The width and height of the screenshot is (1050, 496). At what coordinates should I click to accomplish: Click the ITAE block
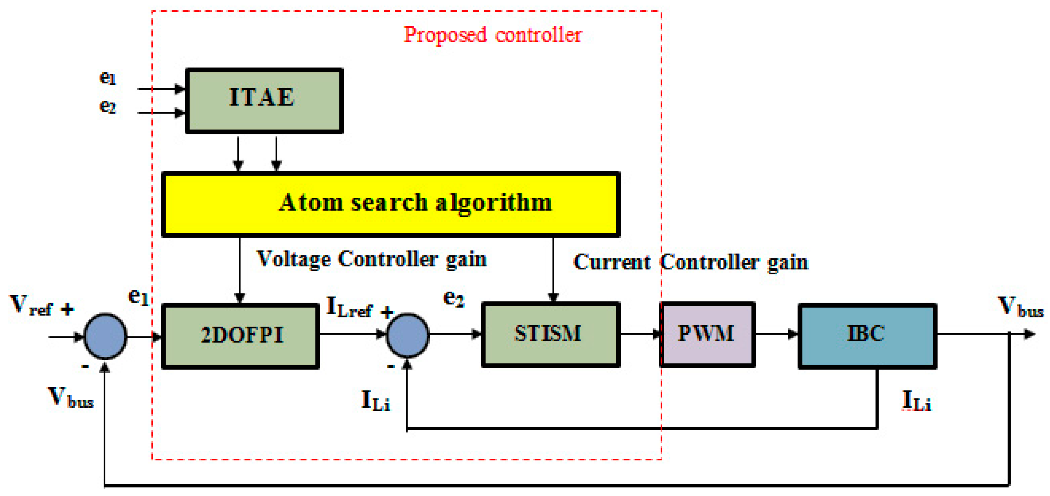(x=264, y=101)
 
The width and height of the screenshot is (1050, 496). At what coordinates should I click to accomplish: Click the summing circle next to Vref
(x=105, y=336)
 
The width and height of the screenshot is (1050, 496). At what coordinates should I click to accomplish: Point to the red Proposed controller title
(x=493, y=35)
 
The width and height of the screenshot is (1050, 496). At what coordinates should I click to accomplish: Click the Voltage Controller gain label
(x=371, y=259)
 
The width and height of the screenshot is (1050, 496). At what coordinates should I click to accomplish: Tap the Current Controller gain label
(x=690, y=262)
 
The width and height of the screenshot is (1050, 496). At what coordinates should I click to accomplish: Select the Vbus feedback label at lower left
(x=71, y=398)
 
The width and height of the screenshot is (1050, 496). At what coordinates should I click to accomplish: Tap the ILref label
(x=349, y=308)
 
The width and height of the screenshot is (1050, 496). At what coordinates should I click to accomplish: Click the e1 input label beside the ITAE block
(x=108, y=77)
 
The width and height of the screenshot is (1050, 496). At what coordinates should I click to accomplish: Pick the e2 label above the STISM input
(x=453, y=299)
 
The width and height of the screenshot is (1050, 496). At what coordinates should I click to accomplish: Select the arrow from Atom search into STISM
(x=553, y=269)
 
